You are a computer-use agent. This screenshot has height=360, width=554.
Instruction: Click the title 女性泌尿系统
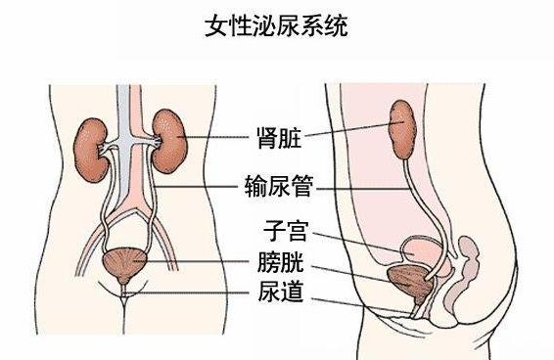[x=276, y=24]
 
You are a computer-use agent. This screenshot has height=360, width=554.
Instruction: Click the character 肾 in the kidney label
[x=258, y=134]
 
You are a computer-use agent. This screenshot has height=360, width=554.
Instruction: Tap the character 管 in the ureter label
[x=299, y=183]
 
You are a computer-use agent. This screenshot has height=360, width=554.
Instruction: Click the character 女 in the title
[x=215, y=24]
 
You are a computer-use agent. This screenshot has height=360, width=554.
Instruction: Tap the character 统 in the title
[x=336, y=24]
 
